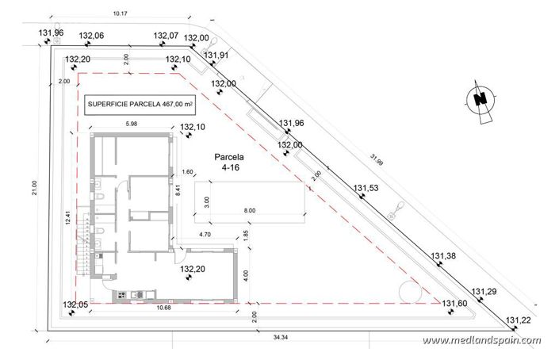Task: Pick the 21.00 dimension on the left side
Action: pos(33,186)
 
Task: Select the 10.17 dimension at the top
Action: pos(121,13)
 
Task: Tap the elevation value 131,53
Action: pos(367,188)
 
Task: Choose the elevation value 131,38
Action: pos(444,255)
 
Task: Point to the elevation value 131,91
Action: pos(216,55)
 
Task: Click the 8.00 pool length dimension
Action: pos(251,210)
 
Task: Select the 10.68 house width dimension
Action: pos(165,307)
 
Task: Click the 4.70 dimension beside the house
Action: pos(204,235)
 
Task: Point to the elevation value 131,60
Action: pos(455,303)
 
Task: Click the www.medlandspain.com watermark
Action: pos(481,341)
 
